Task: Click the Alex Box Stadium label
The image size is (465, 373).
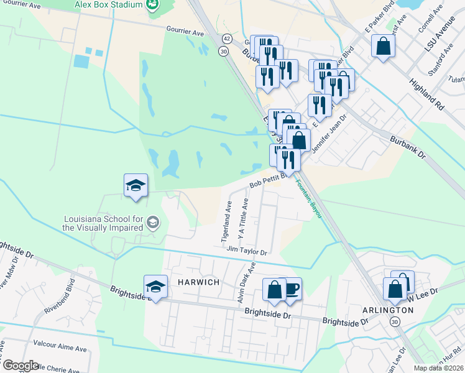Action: pyautogui.click(x=109, y=4)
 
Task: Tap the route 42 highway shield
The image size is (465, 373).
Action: pyautogui.click(x=226, y=39)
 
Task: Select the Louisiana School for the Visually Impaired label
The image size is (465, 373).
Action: pyautogui.click(x=103, y=223)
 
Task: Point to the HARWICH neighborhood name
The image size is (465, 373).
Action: pyautogui.click(x=200, y=282)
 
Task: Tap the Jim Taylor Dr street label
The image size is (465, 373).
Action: pyautogui.click(x=247, y=251)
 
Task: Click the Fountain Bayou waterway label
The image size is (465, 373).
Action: pyautogui.click(x=309, y=198)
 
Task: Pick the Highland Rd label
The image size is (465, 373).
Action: pyautogui.click(x=426, y=90)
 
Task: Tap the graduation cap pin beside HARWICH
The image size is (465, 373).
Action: pyautogui.click(x=155, y=286)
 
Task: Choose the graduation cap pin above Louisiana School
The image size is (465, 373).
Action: pyautogui.click(x=136, y=185)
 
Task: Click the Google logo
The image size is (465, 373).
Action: pyautogui.click(x=21, y=366)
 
